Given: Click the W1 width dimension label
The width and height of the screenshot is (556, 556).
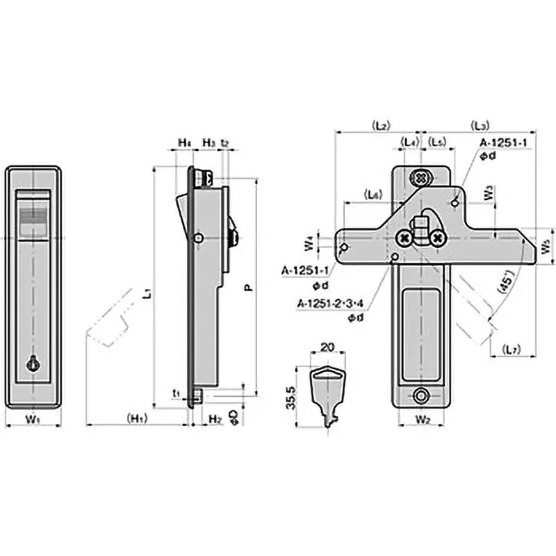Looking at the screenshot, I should (33, 419).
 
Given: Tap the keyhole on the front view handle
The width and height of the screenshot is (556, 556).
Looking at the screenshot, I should (32, 362).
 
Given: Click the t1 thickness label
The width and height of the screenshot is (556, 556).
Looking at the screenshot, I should (177, 393).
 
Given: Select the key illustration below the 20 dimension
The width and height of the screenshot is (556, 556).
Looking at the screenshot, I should (326, 393).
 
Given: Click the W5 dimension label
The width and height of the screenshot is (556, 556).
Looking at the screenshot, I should (546, 245).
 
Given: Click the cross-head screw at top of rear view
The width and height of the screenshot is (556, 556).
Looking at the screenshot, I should (420, 177).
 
